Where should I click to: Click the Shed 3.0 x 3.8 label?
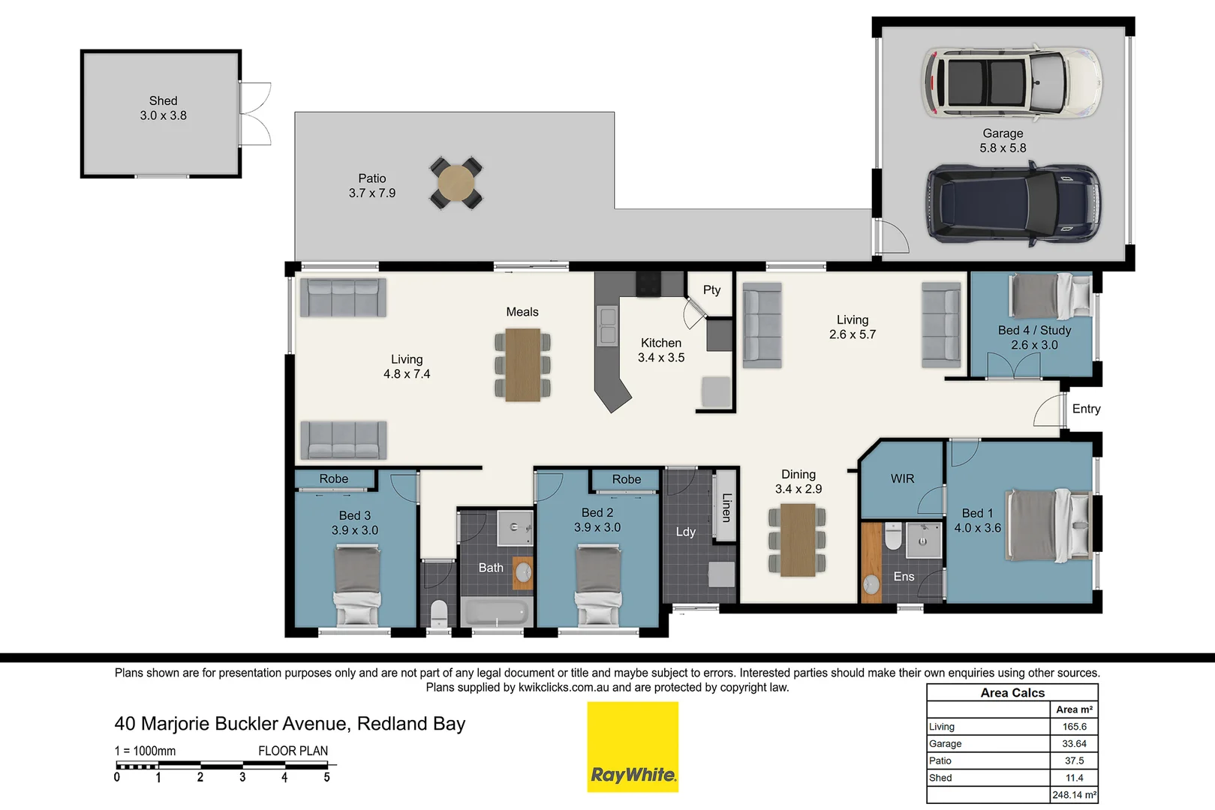[163, 108]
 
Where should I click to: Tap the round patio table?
[456, 183]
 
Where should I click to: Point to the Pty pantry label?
[711, 289]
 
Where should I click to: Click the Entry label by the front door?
[1086, 409]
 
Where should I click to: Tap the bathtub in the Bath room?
[495, 611]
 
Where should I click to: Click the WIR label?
[902, 478]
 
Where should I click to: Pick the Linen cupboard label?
[726, 507]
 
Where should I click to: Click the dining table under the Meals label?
[522, 365]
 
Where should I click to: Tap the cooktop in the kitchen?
[648, 284]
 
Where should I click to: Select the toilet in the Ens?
[893, 536]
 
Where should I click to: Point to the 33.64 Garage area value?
[1074, 743]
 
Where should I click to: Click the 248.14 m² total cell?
[1074, 795]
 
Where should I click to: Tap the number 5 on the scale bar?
[326, 778]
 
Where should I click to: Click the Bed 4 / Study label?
[1034, 330]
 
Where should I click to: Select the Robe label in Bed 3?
[333, 478]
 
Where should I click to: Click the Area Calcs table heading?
[1012, 693]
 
